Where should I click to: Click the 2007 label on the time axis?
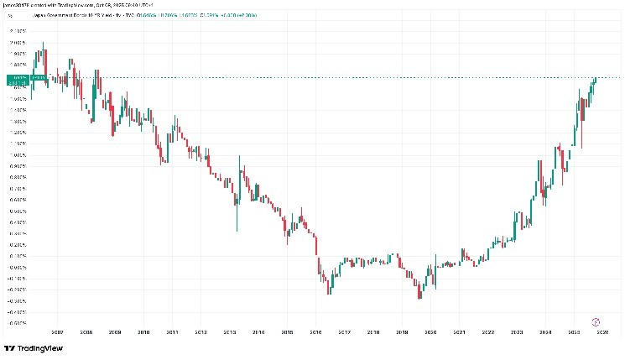57,332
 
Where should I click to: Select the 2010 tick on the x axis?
143,332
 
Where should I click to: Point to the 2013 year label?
229,332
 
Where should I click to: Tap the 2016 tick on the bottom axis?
315,332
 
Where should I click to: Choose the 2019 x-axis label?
402,332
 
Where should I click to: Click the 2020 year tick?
430,332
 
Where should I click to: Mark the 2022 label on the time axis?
487,332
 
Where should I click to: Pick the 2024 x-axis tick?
545,332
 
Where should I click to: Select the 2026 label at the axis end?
602,332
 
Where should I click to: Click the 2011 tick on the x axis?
172,332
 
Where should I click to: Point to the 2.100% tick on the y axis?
16,30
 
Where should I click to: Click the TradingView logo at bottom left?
34,348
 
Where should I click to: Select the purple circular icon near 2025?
596,321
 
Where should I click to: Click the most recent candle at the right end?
596,80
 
